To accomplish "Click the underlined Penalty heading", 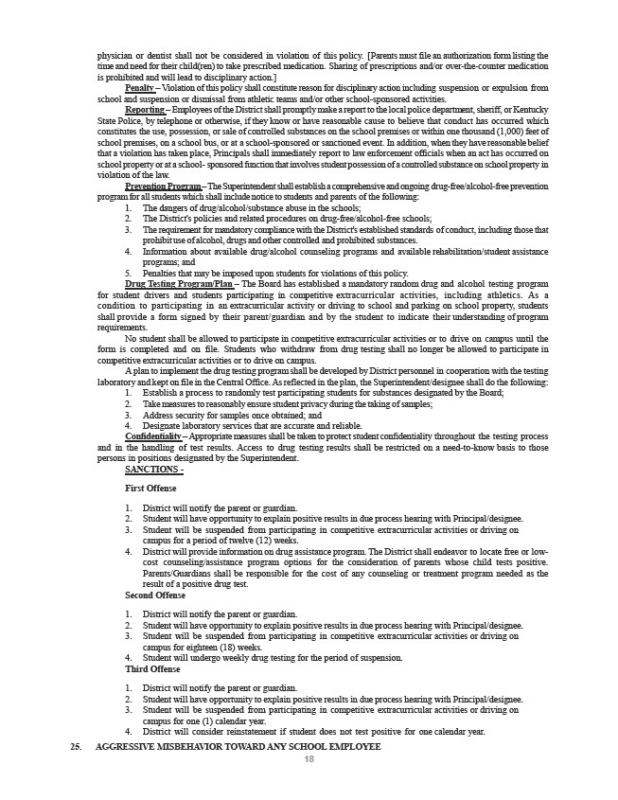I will point(140,87).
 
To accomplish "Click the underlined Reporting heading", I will point(145,110).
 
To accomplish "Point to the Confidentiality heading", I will point(151,436).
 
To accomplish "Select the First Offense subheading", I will point(150,488).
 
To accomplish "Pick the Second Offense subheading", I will point(155,596).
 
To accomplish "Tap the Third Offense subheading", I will point(152,668).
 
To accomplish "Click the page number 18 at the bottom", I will point(309,759).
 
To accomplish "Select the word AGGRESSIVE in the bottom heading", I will point(132,747).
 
